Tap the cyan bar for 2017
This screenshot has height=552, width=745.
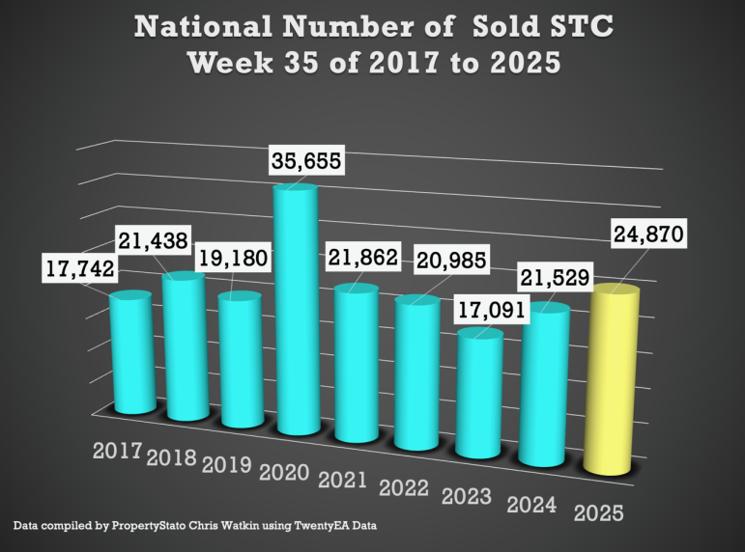129,352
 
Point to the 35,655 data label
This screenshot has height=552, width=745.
306,160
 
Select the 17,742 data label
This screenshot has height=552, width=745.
78,267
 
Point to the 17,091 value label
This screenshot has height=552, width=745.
489,313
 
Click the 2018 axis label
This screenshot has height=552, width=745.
172,457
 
